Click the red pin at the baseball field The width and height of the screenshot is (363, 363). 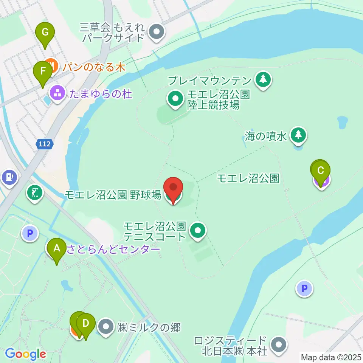click(x=173, y=188)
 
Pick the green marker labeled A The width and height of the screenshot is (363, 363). click(x=57, y=249)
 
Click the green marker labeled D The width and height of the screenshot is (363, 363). click(x=86, y=324)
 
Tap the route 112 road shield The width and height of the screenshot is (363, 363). click(x=45, y=144)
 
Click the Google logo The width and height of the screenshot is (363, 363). click(x=25, y=354)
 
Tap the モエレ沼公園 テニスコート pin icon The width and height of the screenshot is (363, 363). click(x=197, y=230)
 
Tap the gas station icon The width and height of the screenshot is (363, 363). click(x=9, y=177)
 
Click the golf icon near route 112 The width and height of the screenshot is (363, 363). click(x=35, y=193)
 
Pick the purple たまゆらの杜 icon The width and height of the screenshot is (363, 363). click(x=57, y=92)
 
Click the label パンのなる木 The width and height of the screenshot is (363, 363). click(x=94, y=67)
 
